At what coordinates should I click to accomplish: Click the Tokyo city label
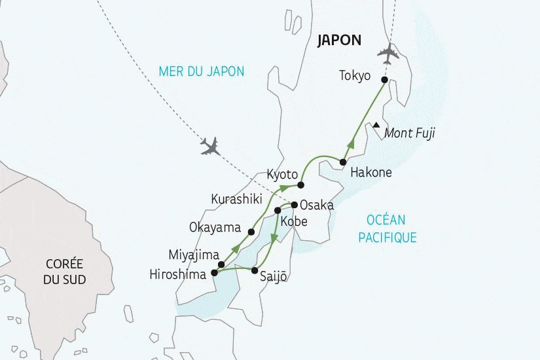[355, 75]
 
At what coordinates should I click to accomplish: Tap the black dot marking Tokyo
[384, 80]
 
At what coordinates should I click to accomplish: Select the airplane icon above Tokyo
[388, 52]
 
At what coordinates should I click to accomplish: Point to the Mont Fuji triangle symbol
[376, 125]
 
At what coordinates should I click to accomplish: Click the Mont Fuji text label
[410, 134]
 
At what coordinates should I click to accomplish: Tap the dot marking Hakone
[342, 162]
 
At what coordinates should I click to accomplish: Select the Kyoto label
[283, 175]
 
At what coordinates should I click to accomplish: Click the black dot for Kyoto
[301, 185]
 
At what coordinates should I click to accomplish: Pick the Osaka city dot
[294, 204]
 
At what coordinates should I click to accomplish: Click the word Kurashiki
[236, 198]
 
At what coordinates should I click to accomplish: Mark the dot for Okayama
[251, 231]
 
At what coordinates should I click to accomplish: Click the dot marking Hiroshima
[214, 273]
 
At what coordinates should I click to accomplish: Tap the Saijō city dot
[255, 270]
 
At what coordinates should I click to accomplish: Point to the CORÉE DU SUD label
[65, 272]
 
